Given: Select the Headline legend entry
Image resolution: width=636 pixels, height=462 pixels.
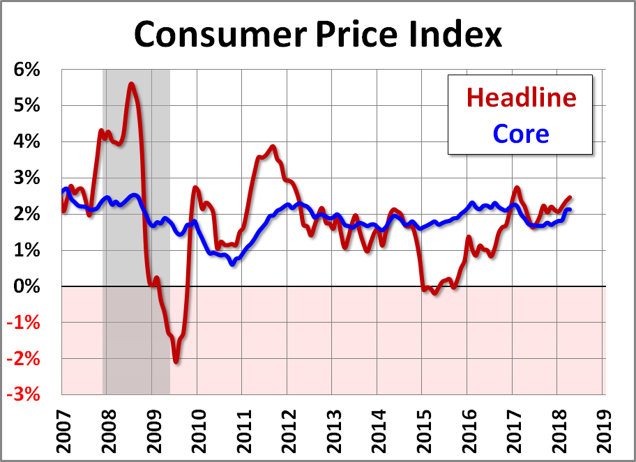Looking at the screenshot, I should (x=522, y=97).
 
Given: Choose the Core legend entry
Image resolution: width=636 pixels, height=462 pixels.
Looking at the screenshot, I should (x=520, y=132).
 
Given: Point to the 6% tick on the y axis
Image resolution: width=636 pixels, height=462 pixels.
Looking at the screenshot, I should (x=26, y=70).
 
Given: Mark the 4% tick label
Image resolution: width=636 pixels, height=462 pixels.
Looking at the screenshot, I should (x=26, y=142).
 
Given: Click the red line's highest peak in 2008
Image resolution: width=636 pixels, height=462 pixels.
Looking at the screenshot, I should (x=131, y=84).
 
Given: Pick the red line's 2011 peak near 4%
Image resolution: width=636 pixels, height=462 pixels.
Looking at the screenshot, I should (x=273, y=146).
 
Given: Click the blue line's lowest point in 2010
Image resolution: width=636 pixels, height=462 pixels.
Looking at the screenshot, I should (x=232, y=264).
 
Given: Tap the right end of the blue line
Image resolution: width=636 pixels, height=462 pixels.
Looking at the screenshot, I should (x=570, y=209).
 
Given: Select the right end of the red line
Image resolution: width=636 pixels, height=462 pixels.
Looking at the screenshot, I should (x=570, y=197).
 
